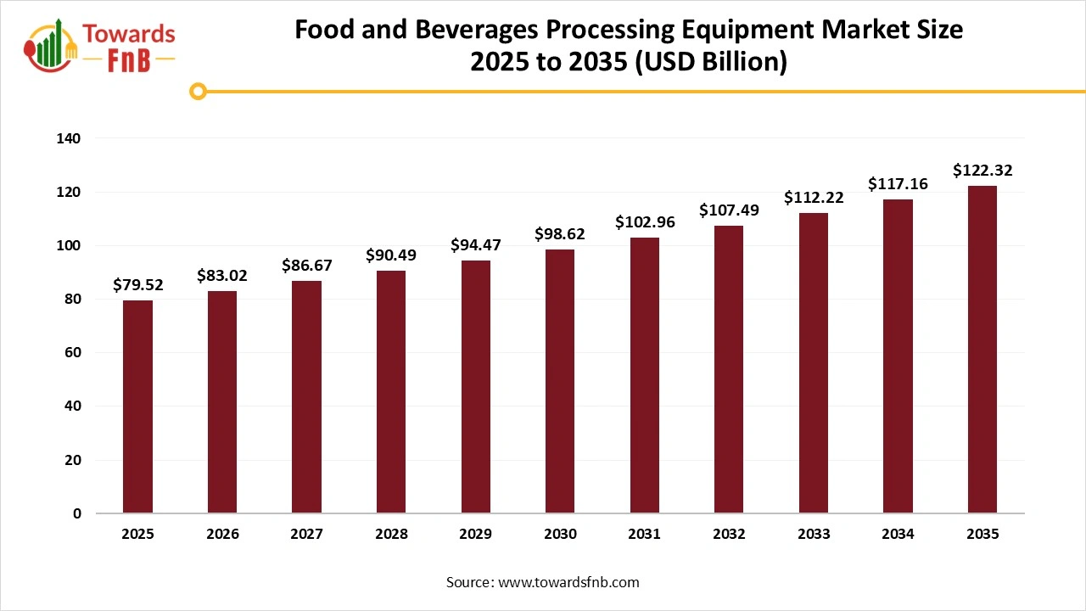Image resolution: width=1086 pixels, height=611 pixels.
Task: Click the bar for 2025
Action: [x=137, y=406]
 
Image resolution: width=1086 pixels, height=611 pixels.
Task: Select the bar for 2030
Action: [x=560, y=381]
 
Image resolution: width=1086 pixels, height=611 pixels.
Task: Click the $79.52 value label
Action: [x=137, y=285]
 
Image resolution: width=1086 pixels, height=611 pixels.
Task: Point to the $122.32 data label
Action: [x=982, y=171]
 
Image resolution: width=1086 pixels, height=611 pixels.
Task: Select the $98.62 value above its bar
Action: [x=560, y=233]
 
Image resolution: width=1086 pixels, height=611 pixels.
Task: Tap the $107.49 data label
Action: [x=729, y=210]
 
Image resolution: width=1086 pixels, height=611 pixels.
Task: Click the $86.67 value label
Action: [x=307, y=266]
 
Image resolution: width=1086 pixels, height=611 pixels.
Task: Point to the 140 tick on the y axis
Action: [x=70, y=138]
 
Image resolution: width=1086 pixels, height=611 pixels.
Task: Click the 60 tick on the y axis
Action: [x=74, y=353]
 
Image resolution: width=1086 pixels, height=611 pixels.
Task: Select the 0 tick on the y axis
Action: [x=77, y=513]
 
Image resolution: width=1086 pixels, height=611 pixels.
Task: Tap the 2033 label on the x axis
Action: [x=813, y=535]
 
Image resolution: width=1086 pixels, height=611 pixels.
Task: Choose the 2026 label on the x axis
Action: [x=222, y=535]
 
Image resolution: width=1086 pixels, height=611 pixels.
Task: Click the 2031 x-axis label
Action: [x=644, y=535]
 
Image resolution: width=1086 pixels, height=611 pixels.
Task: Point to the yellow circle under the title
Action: [x=198, y=91]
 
